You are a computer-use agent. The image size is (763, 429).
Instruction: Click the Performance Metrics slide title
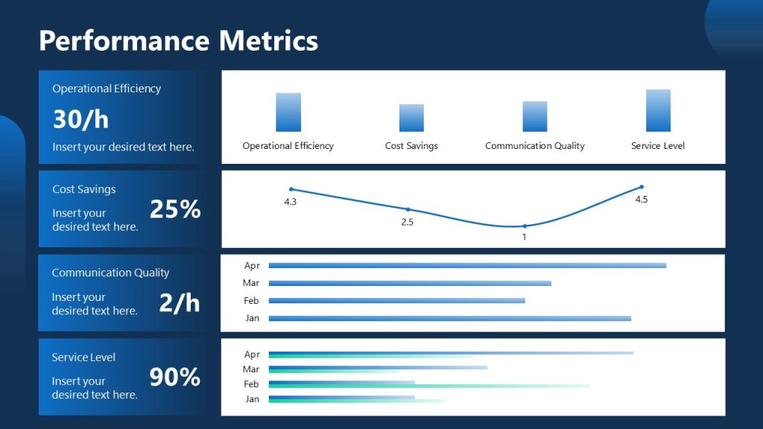tap(178, 39)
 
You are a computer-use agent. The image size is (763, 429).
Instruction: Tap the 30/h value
tap(80, 119)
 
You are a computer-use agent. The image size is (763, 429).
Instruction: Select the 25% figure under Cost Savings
tap(175, 210)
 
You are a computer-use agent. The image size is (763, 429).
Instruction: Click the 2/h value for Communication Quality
tap(180, 302)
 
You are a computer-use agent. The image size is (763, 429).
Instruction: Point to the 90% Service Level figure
tap(175, 378)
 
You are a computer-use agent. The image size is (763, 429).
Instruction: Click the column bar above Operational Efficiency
tap(288, 112)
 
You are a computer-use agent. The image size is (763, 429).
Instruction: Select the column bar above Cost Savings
tap(411, 118)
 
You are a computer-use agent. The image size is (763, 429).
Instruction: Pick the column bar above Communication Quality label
tap(534, 116)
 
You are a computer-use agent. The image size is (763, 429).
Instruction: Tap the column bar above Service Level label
tap(658, 110)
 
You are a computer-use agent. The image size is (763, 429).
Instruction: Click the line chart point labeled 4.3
tap(291, 189)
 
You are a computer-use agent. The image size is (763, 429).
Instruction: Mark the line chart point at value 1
tap(525, 226)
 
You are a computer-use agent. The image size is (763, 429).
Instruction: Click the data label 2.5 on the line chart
tap(407, 222)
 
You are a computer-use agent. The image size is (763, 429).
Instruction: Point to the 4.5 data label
tap(641, 200)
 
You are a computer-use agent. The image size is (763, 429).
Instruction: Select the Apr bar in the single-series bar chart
tap(467, 265)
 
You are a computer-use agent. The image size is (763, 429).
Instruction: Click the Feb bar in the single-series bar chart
tap(396, 301)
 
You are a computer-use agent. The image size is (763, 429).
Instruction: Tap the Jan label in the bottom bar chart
tap(252, 399)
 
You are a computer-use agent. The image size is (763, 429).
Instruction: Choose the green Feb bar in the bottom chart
tap(428, 387)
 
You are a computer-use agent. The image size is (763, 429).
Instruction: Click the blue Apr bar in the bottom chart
tap(451, 353)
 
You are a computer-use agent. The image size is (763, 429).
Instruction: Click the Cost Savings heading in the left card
tap(84, 189)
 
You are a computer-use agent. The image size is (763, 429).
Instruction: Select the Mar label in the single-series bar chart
tap(251, 283)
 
